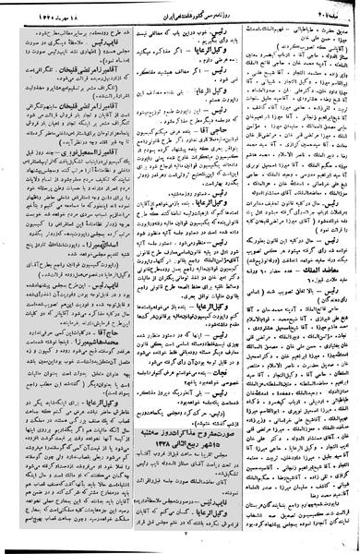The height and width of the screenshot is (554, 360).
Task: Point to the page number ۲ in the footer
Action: (184, 533)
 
